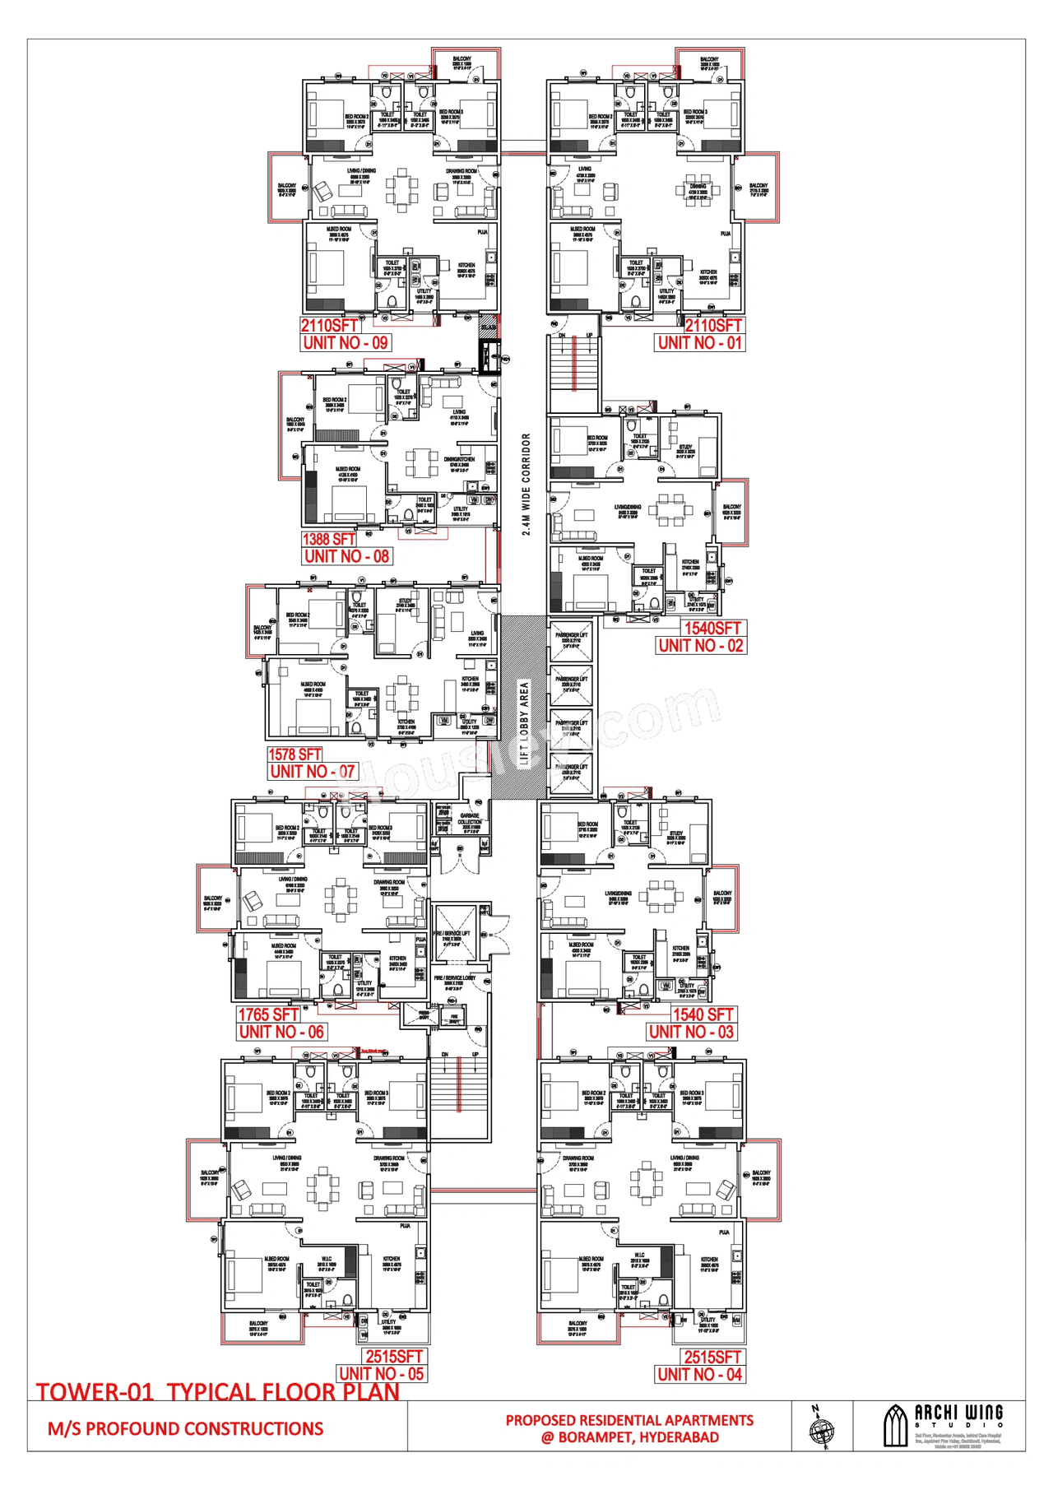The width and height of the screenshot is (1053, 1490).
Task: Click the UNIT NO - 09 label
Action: (346, 343)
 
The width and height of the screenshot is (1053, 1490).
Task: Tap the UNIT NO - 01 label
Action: (700, 343)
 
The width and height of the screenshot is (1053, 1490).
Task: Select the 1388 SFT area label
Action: (329, 540)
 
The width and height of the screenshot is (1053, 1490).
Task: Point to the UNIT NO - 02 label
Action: (701, 646)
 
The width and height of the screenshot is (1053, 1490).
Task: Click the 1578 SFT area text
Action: (295, 754)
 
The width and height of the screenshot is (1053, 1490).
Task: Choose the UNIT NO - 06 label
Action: (281, 1032)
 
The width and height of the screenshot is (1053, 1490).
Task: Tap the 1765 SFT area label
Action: (268, 1014)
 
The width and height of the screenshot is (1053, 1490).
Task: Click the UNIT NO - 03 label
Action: (691, 1032)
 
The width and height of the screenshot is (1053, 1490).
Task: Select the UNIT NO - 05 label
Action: (382, 1373)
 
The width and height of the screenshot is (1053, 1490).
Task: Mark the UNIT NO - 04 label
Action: (700, 1374)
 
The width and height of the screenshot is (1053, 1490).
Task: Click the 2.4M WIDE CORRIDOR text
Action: (526, 485)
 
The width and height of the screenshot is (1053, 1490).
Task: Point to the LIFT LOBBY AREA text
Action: (524, 723)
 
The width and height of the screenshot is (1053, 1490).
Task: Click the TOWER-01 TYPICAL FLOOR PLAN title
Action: (218, 1392)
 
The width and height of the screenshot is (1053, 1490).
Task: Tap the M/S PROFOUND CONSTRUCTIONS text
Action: (186, 1429)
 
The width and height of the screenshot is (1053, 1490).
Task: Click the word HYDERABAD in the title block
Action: (679, 1437)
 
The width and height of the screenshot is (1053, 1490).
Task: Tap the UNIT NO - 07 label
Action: (313, 772)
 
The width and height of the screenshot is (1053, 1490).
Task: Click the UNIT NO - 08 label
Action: (346, 556)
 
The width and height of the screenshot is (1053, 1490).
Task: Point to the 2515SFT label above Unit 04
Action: (712, 1357)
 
